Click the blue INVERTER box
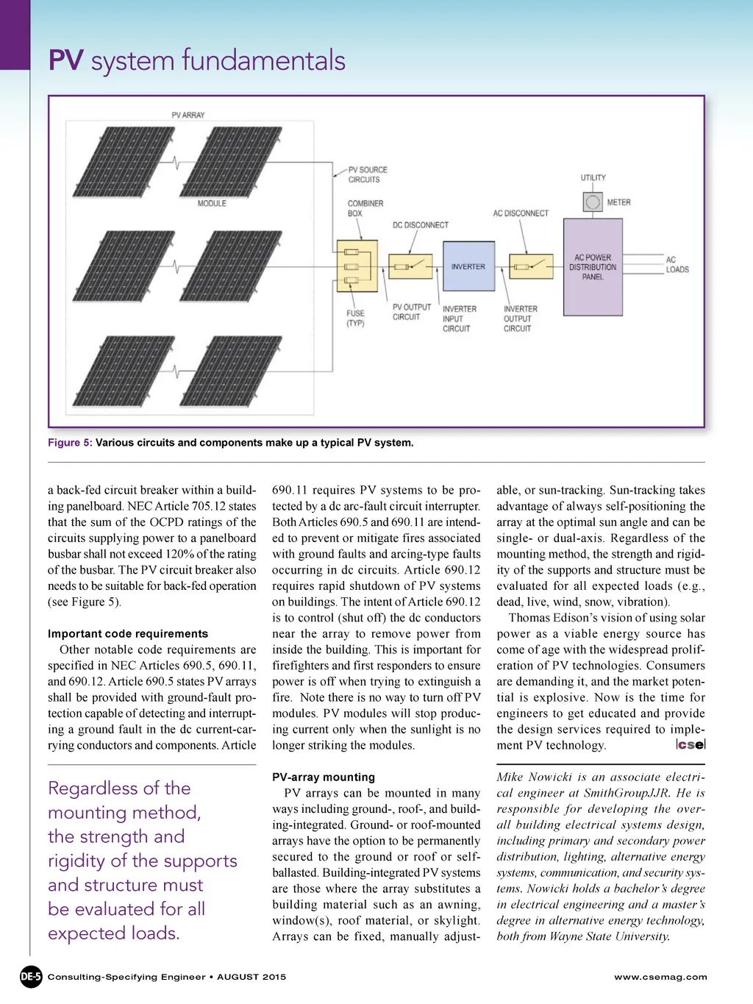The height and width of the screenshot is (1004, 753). (x=468, y=266)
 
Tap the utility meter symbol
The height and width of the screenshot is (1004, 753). (x=592, y=202)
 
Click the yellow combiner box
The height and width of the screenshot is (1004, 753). (x=357, y=266)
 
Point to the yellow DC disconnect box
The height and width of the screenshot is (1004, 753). (x=410, y=266)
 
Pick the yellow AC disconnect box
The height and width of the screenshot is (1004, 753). (x=531, y=266)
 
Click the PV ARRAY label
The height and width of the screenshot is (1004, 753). (x=188, y=115)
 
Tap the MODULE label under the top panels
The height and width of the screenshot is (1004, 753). (x=212, y=203)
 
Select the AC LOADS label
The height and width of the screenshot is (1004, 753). (x=677, y=265)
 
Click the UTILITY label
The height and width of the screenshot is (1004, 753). (x=593, y=178)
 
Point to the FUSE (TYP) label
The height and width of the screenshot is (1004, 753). (x=355, y=318)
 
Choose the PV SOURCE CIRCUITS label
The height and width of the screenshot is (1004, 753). (x=367, y=174)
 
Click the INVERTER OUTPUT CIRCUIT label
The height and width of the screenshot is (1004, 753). (x=520, y=318)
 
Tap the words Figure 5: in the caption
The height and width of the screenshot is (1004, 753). (x=70, y=443)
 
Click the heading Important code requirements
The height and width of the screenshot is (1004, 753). (x=128, y=634)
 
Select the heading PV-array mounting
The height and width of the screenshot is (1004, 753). (x=324, y=777)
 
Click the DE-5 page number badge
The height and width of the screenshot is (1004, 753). (x=31, y=977)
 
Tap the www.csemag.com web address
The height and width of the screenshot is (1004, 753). (x=660, y=977)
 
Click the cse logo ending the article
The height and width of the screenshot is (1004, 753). (x=691, y=744)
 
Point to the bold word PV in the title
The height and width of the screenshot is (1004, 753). (x=65, y=61)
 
